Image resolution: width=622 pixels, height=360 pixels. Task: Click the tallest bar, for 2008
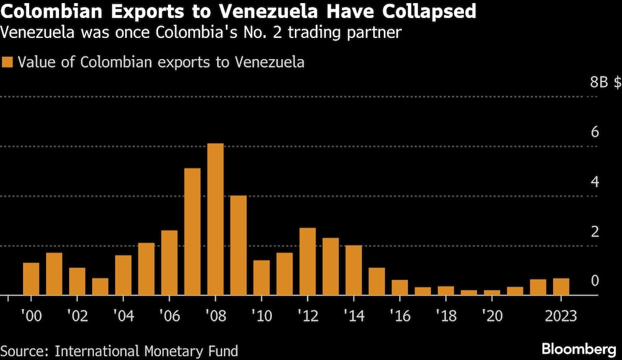[215, 219]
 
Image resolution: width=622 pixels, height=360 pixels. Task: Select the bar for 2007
[192, 232]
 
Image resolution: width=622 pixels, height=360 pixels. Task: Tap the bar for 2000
[31, 279]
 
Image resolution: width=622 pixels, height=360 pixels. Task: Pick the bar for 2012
[307, 262]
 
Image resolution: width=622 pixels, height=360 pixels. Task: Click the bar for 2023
[561, 287]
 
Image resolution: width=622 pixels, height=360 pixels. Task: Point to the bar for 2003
[100, 287]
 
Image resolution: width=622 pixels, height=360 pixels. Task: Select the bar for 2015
[376, 282]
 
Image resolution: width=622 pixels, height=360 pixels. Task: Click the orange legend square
[8, 63]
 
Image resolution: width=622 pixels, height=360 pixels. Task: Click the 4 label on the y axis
[595, 182]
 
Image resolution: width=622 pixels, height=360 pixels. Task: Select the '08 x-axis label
[215, 315]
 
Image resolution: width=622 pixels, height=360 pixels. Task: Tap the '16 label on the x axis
[399, 315]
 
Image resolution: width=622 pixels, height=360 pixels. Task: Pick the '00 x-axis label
[31, 315]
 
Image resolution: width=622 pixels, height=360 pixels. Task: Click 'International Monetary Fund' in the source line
[147, 351]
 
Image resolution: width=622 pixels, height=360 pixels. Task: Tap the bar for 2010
[261, 278]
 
